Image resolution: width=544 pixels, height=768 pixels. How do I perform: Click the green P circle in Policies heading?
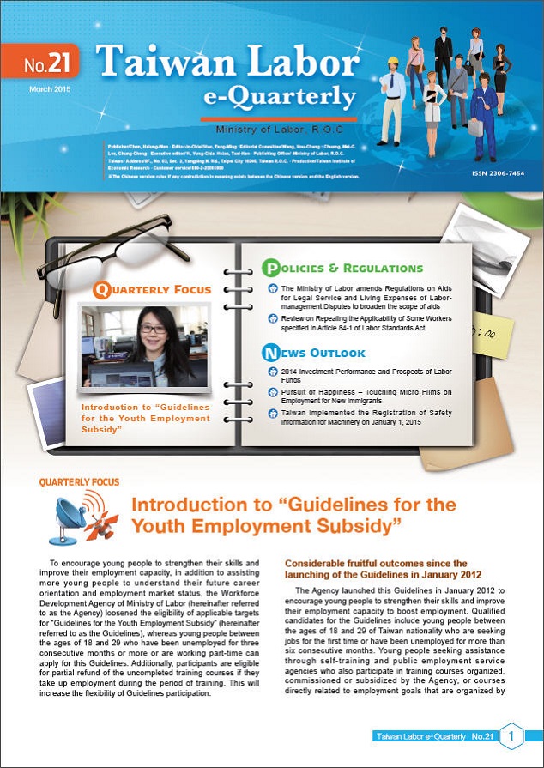point(270,268)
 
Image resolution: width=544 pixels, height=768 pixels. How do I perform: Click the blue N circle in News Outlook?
point(271,352)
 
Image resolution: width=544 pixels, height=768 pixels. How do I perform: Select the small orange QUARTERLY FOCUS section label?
point(79,482)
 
